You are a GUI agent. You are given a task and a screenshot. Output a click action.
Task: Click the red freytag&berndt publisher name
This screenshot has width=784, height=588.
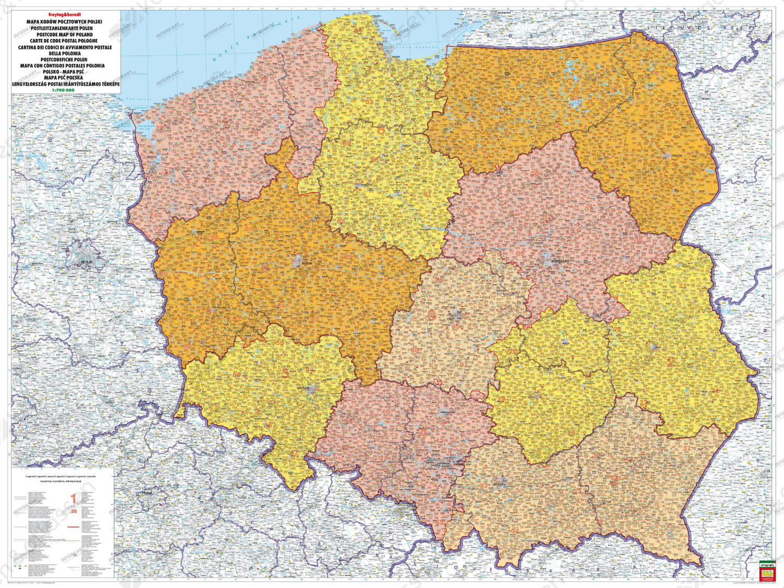pyautogui.click(x=65, y=15)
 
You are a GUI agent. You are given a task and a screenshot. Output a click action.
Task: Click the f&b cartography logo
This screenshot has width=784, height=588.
pyautogui.click(x=767, y=571)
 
